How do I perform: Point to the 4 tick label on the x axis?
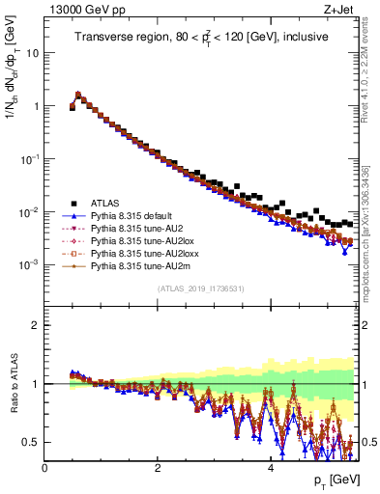pyautogui.click(x=270, y=467)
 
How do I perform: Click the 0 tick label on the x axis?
pyautogui.click(x=44, y=467)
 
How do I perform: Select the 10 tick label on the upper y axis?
pyautogui.click(x=32, y=53)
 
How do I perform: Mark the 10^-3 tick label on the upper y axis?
pyautogui.click(x=29, y=264)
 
